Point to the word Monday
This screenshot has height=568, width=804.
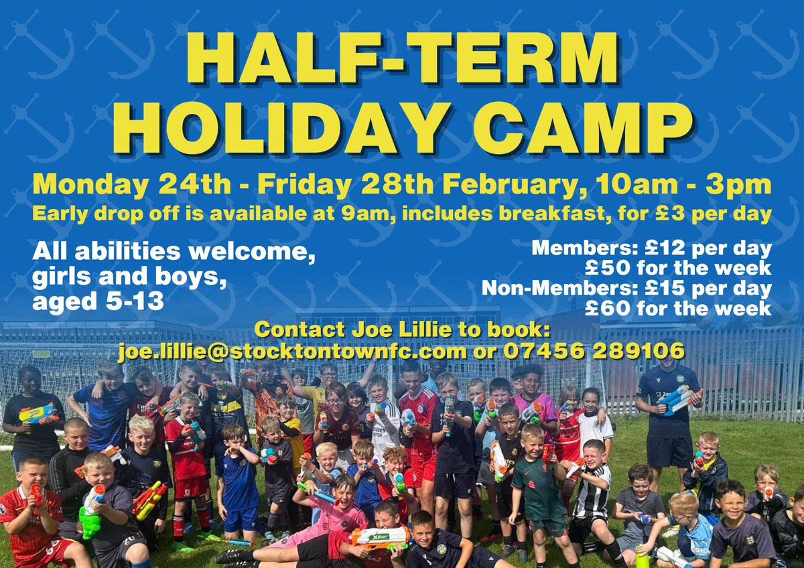(80, 184)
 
